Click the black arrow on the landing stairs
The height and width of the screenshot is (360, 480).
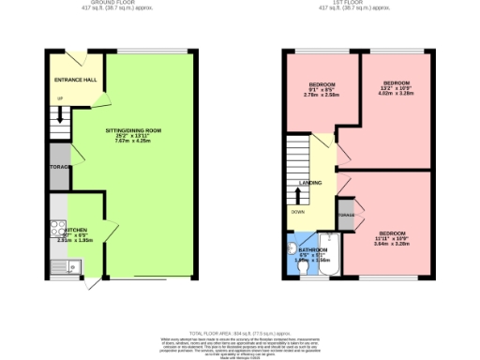[x=299, y=196]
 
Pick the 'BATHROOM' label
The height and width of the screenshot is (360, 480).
[x=311, y=250]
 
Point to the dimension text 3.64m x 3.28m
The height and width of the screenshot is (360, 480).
[x=392, y=243]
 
